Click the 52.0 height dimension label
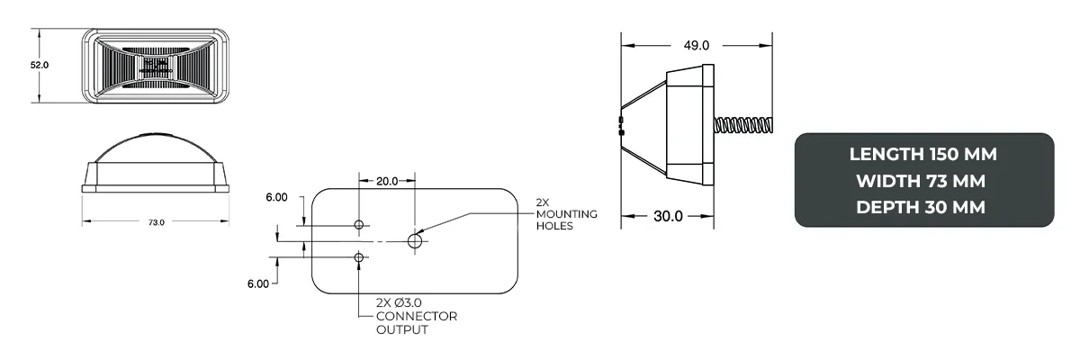point(40,65)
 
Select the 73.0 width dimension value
point(156,222)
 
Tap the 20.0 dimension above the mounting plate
point(387,181)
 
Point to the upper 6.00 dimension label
point(276,197)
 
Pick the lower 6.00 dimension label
point(257,284)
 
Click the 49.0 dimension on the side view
point(697,45)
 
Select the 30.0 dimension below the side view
point(668,216)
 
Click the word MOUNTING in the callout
point(567,213)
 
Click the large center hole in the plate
point(416,241)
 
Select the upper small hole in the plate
point(359,224)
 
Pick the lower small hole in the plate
point(359,258)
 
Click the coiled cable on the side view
point(743,125)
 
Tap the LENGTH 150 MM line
point(923,154)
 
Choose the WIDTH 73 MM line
point(923,180)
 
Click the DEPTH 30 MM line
point(923,207)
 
